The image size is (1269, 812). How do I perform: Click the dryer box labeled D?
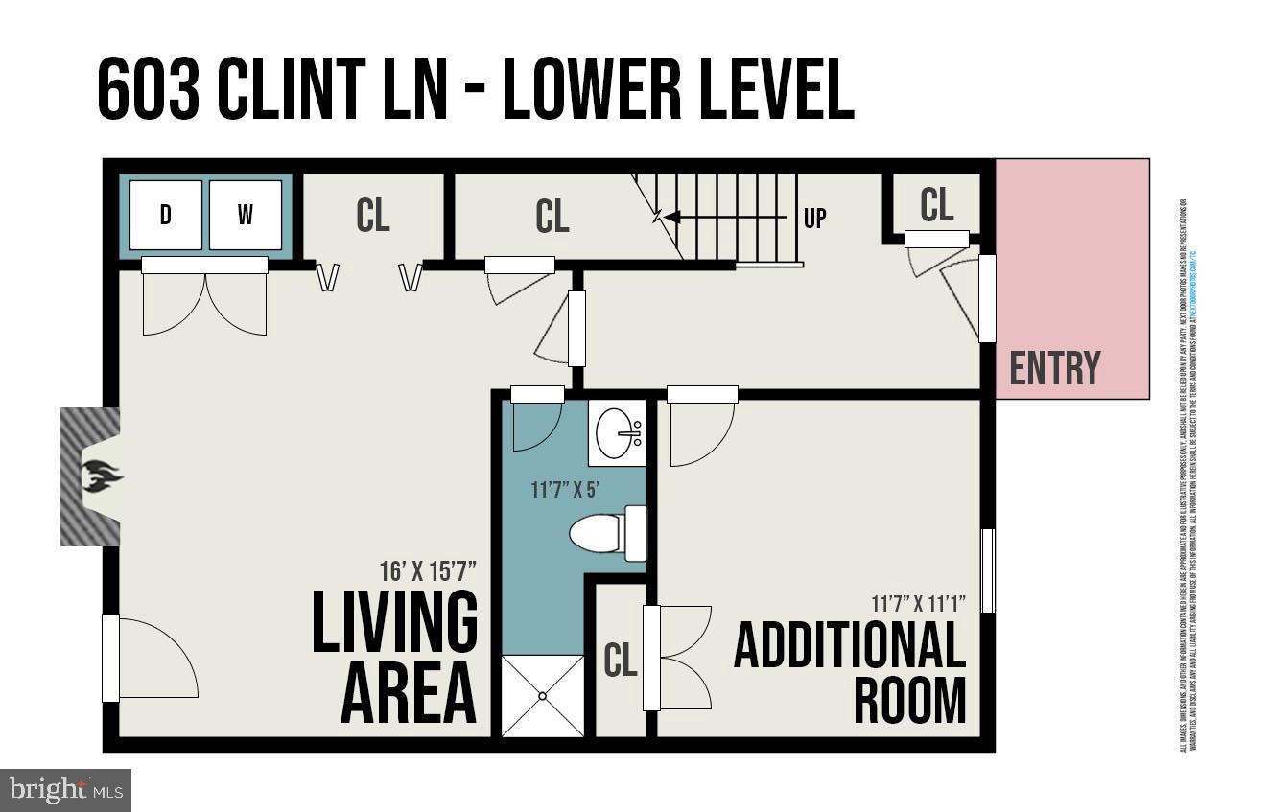pos(166,215)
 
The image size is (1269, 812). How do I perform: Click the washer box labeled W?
pos(246,215)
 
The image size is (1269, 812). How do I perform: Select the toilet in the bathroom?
pos(608,533)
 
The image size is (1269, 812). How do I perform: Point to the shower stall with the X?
pos(543,696)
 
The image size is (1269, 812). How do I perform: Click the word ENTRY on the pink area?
pos(1055,368)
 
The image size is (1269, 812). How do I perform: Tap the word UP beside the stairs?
pos(814,218)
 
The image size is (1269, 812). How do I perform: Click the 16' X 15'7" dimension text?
pos(428,572)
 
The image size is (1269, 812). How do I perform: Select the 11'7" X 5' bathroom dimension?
pos(565,489)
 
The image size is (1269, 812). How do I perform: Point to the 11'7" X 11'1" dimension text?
pos(918,603)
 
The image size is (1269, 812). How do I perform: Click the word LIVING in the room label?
pos(394,622)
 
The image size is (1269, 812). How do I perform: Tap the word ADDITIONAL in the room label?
pos(849,646)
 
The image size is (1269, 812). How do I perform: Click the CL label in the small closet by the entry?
pos(936,204)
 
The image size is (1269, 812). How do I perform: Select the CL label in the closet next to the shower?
pos(621,660)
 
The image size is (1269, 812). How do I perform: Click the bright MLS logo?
pos(64,790)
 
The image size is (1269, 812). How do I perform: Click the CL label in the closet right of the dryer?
pos(372,216)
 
